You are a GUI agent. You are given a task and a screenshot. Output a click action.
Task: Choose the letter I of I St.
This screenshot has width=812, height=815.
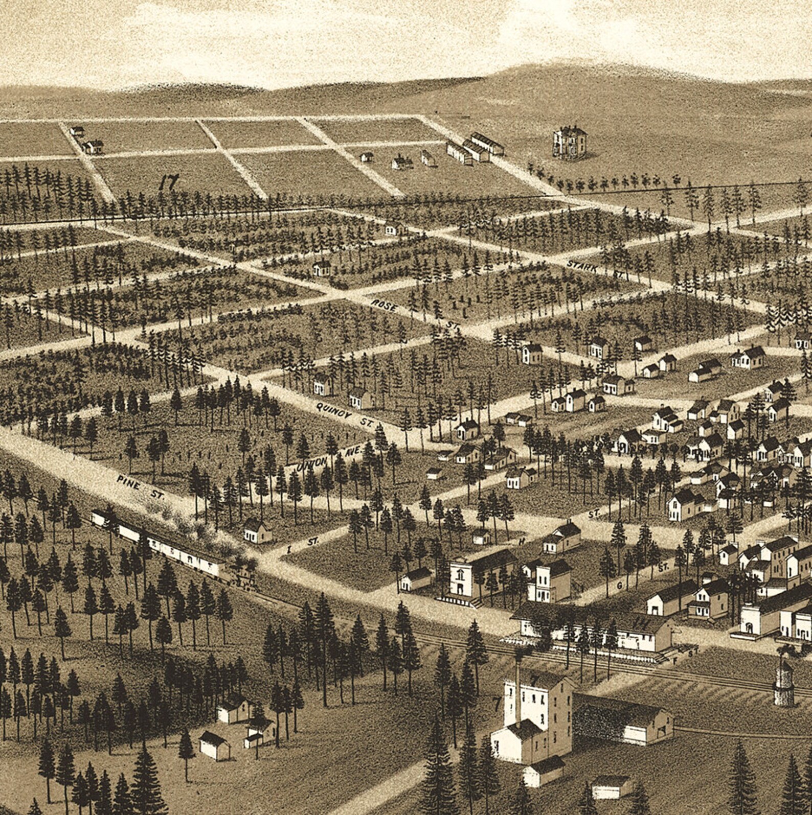coord(290,550)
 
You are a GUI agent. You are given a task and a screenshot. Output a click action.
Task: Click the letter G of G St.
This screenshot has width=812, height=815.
coord(619,586)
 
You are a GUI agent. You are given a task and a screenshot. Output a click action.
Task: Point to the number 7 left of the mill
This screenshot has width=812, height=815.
coord(496,703)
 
